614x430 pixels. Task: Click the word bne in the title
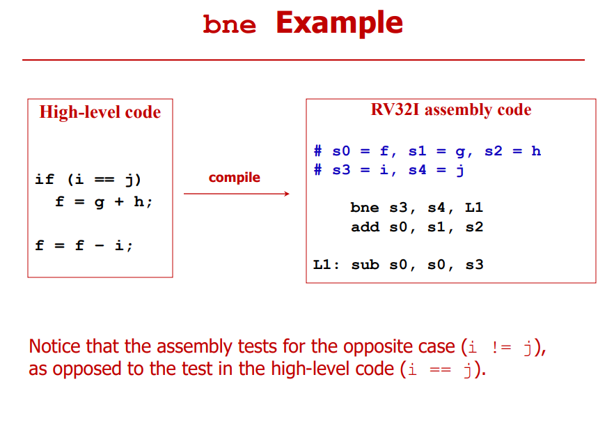(x=230, y=24)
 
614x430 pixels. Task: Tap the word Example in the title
(x=340, y=24)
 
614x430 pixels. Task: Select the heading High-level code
(x=100, y=112)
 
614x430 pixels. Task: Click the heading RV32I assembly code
(x=451, y=109)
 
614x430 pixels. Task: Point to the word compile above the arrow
(x=234, y=178)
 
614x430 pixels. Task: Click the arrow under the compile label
(x=237, y=194)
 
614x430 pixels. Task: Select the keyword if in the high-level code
(x=45, y=179)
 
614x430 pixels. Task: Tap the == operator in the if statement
(x=104, y=180)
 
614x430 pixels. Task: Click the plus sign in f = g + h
(x=119, y=201)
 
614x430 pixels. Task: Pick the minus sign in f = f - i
(x=100, y=246)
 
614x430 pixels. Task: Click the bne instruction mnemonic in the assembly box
(x=365, y=208)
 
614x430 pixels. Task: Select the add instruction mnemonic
(x=365, y=227)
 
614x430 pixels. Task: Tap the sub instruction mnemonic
(x=365, y=265)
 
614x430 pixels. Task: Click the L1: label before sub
(x=326, y=265)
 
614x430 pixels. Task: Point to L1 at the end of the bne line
(x=474, y=208)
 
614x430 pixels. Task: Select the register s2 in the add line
(x=474, y=227)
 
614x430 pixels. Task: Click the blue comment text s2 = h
(x=512, y=151)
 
